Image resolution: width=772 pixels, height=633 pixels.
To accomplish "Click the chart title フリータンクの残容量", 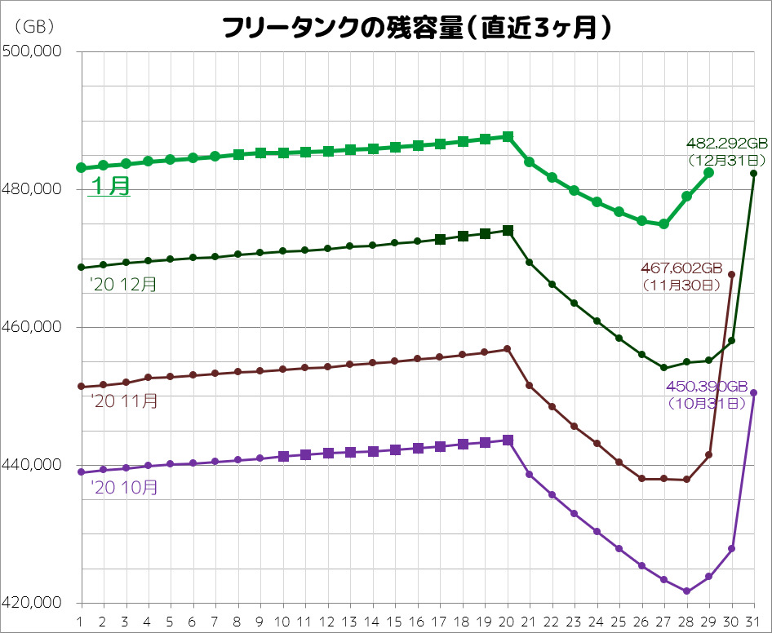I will [416, 29].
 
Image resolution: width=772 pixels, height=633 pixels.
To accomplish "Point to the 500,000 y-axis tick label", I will [33, 52].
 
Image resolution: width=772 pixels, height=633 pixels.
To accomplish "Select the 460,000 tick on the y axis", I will [33, 328].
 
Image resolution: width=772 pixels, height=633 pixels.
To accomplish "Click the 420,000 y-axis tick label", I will [33, 604].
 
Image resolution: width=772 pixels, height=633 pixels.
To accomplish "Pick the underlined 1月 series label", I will [109, 186].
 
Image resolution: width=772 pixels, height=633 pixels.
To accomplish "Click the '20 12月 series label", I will [123, 285].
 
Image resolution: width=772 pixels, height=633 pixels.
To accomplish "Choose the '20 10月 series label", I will [123, 488].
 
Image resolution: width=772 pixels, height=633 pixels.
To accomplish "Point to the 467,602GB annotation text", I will [680, 268].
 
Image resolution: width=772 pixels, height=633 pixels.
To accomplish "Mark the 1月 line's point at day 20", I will [508, 136].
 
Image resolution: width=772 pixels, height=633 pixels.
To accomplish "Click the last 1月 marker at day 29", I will [709, 173].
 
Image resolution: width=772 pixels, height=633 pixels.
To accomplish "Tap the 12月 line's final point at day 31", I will [753, 174].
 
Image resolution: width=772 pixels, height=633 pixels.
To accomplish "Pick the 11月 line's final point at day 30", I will [731, 275].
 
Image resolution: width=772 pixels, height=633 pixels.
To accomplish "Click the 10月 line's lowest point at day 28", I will [686, 591].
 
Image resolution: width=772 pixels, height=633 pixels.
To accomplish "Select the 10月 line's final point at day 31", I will [753, 393].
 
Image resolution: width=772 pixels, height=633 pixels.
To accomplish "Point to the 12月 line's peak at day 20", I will [508, 231].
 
